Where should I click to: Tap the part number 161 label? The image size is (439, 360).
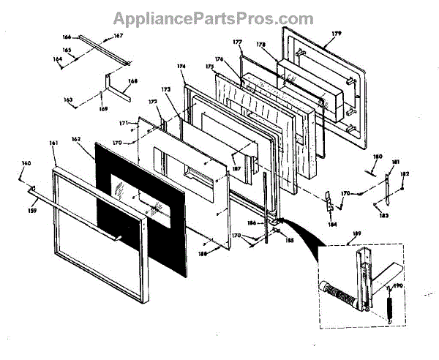pos(53,143)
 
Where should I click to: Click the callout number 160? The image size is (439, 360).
pos(26,162)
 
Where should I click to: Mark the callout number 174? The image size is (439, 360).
pos(181,66)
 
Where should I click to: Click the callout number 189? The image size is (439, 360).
pos(356,234)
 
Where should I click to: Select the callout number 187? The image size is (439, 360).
pos(236,168)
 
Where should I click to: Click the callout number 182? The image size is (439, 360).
pos(405,173)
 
